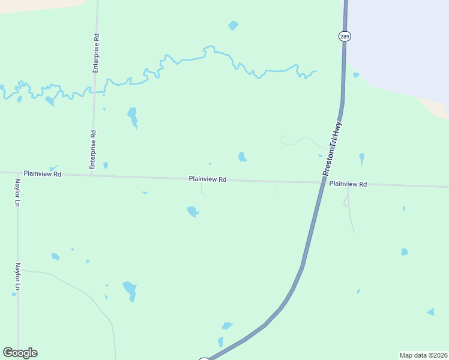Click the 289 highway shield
click(344, 37)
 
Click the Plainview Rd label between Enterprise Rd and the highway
click(207, 179)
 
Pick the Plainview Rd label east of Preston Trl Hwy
click(348, 184)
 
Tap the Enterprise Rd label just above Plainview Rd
click(93, 149)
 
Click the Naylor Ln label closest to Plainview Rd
click(18, 193)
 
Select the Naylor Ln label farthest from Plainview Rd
click(18, 277)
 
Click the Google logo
click(20, 353)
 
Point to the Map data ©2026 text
click(423, 355)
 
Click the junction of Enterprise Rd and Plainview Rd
click(92, 176)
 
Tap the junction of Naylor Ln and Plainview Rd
click(17, 173)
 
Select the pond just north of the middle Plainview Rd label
click(242, 157)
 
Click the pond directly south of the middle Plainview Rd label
click(193, 211)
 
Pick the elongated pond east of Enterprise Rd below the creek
click(132, 115)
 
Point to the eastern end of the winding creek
click(315, 72)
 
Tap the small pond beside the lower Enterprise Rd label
click(106, 165)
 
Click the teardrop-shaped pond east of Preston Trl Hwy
click(361, 158)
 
